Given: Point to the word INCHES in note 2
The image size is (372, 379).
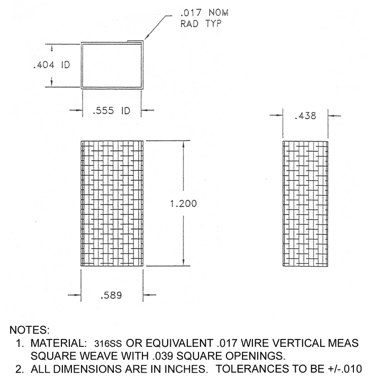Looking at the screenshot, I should click(178, 367).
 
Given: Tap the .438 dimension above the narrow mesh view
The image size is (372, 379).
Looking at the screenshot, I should click(307, 114).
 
